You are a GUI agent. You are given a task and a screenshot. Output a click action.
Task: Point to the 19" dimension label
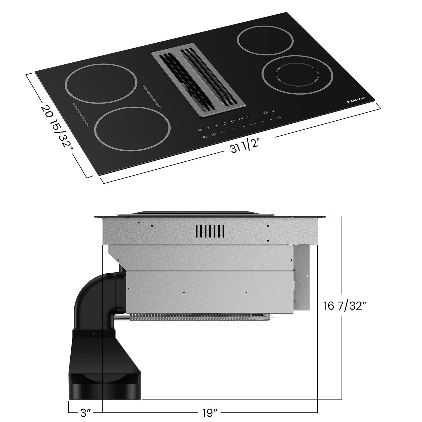[210, 413]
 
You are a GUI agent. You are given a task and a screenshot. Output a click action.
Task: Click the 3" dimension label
[86, 413]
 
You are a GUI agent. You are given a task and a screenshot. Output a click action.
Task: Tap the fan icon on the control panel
[265, 113]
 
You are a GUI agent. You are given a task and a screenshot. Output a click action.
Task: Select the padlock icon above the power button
[273, 111]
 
